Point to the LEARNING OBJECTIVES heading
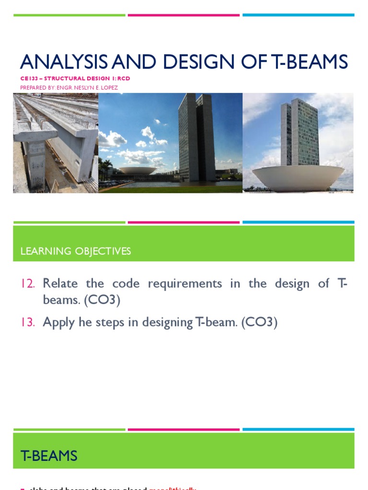pyautogui.click(x=76, y=251)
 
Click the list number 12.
pyautogui.click(x=28, y=284)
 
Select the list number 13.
pyautogui.click(x=28, y=323)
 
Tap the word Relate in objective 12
pyautogui.click(x=60, y=283)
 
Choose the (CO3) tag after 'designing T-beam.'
pyautogui.click(x=260, y=323)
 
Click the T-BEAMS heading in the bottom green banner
pyautogui.click(x=49, y=456)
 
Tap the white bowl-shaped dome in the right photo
pyautogui.click(x=298, y=177)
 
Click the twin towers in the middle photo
pyautogui.click(x=196, y=136)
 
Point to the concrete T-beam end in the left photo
pyautogui.click(x=36, y=158)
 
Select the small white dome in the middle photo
pyautogui.click(x=137, y=170)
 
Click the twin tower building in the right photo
pyautogui.click(x=299, y=132)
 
